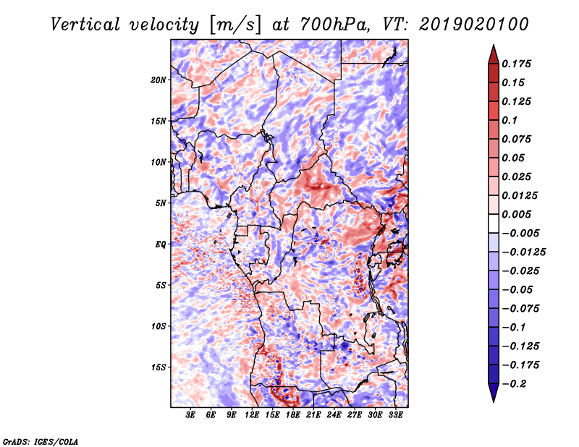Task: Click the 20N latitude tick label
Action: pyautogui.click(x=159, y=80)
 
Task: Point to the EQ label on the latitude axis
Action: pyautogui.click(x=161, y=244)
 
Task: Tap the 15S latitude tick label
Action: pyautogui.click(x=159, y=367)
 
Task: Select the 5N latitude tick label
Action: pyautogui.click(x=161, y=203)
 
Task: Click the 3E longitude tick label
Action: pyautogui.click(x=190, y=415)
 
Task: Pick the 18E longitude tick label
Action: pyautogui.click(x=293, y=415)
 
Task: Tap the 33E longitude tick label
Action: pyautogui.click(x=395, y=415)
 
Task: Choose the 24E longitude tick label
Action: pyautogui.click(x=334, y=415)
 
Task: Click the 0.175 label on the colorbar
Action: pyautogui.click(x=516, y=64)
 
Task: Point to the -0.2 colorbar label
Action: pyautogui.click(x=513, y=384)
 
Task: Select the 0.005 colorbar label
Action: pyautogui.click(x=516, y=214)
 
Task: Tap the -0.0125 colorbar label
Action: pyautogui.click(x=523, y=252)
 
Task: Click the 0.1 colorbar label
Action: pyautogui.click(x=510, y=120)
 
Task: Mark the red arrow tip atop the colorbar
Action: pyautogui.click(x=494, y=45)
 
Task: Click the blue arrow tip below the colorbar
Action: pyautogui.click(x=494, y=401)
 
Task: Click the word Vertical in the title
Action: pyautogui.click(x=85, y=25)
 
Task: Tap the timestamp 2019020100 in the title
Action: pyautogui.click(x=474, y=25)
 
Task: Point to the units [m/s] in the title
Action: pyautogui.click(x=235, y=25)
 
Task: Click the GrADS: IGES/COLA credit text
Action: pyautogui.click(x=41, y=441)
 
